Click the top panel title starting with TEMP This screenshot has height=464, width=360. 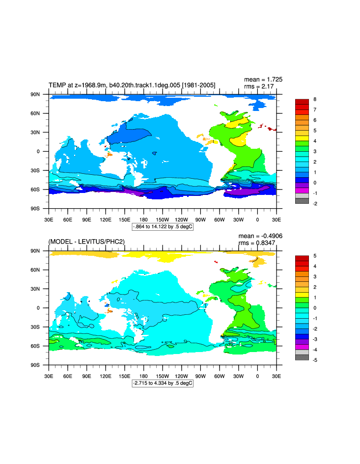click(x=132, y=85)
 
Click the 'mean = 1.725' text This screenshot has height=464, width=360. click(x=263, y=79)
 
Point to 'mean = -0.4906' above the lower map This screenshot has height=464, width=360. click(x=260, y=236)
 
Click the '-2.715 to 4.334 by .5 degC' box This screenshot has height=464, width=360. click(x=163, y=382)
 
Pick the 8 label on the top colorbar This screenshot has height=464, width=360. click(x=314, y=99)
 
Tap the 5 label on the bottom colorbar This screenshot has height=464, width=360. click(x=314, y=256)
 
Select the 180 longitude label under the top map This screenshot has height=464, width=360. click(x=143, y=219)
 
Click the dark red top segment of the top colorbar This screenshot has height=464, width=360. click(x=302, y=102)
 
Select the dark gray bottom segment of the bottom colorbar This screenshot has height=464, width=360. click(x=302, y=357)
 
